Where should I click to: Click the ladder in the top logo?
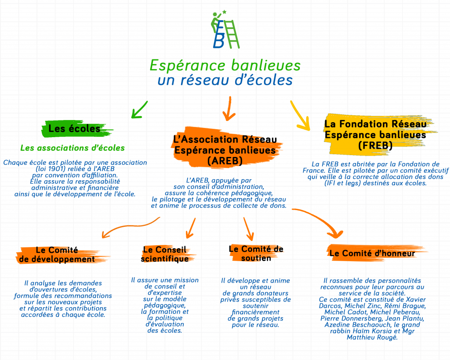[232, 34]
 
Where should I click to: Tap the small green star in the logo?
[225, 12]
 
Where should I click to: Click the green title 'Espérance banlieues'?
[225, 65]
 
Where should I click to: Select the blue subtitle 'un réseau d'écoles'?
[225, 80]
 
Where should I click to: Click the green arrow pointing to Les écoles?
[139, 109]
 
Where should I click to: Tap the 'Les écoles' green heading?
[74, 128]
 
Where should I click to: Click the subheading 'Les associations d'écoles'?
[73, 148]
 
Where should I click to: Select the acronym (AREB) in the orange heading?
[225, 161]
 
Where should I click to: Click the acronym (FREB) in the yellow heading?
[375, 145]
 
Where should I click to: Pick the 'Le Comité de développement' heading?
[57, 255]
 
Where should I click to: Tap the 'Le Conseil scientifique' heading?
[165, 254]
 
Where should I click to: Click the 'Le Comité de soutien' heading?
[256, 254]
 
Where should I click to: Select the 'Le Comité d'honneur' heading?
[372, 253]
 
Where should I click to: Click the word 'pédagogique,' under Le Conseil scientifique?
[165, 305]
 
